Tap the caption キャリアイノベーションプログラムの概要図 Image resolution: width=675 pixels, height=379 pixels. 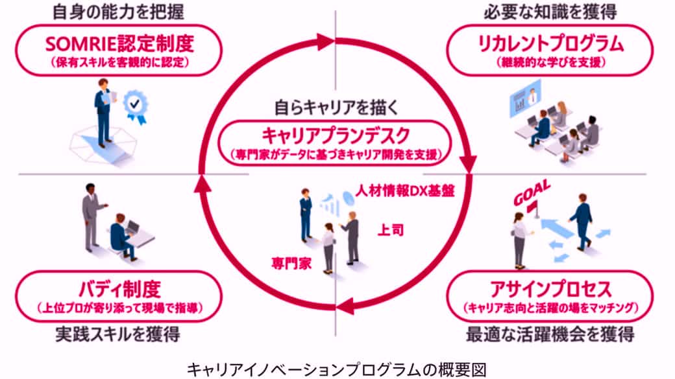[336, 368]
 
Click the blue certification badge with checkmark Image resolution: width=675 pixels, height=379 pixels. [136, 105]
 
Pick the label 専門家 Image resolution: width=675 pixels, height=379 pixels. [288, 263]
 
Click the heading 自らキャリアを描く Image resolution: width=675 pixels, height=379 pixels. [336, 105]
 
